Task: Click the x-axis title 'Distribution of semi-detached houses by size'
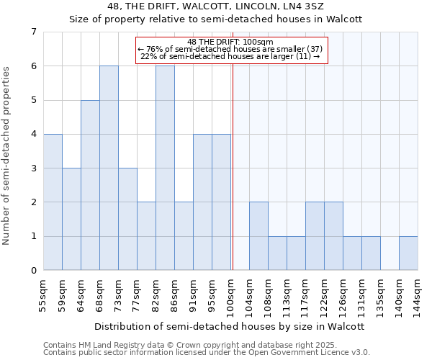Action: point(230,326)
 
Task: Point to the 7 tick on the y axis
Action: point(33,32)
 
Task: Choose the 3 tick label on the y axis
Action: point(33,168)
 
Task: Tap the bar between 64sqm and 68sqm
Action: point(90,185)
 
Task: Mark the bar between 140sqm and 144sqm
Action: point(408,253)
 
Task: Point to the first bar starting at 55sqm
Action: point(53,202)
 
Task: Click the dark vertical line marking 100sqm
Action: point(233,173)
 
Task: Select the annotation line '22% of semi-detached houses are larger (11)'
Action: point(230,56)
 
